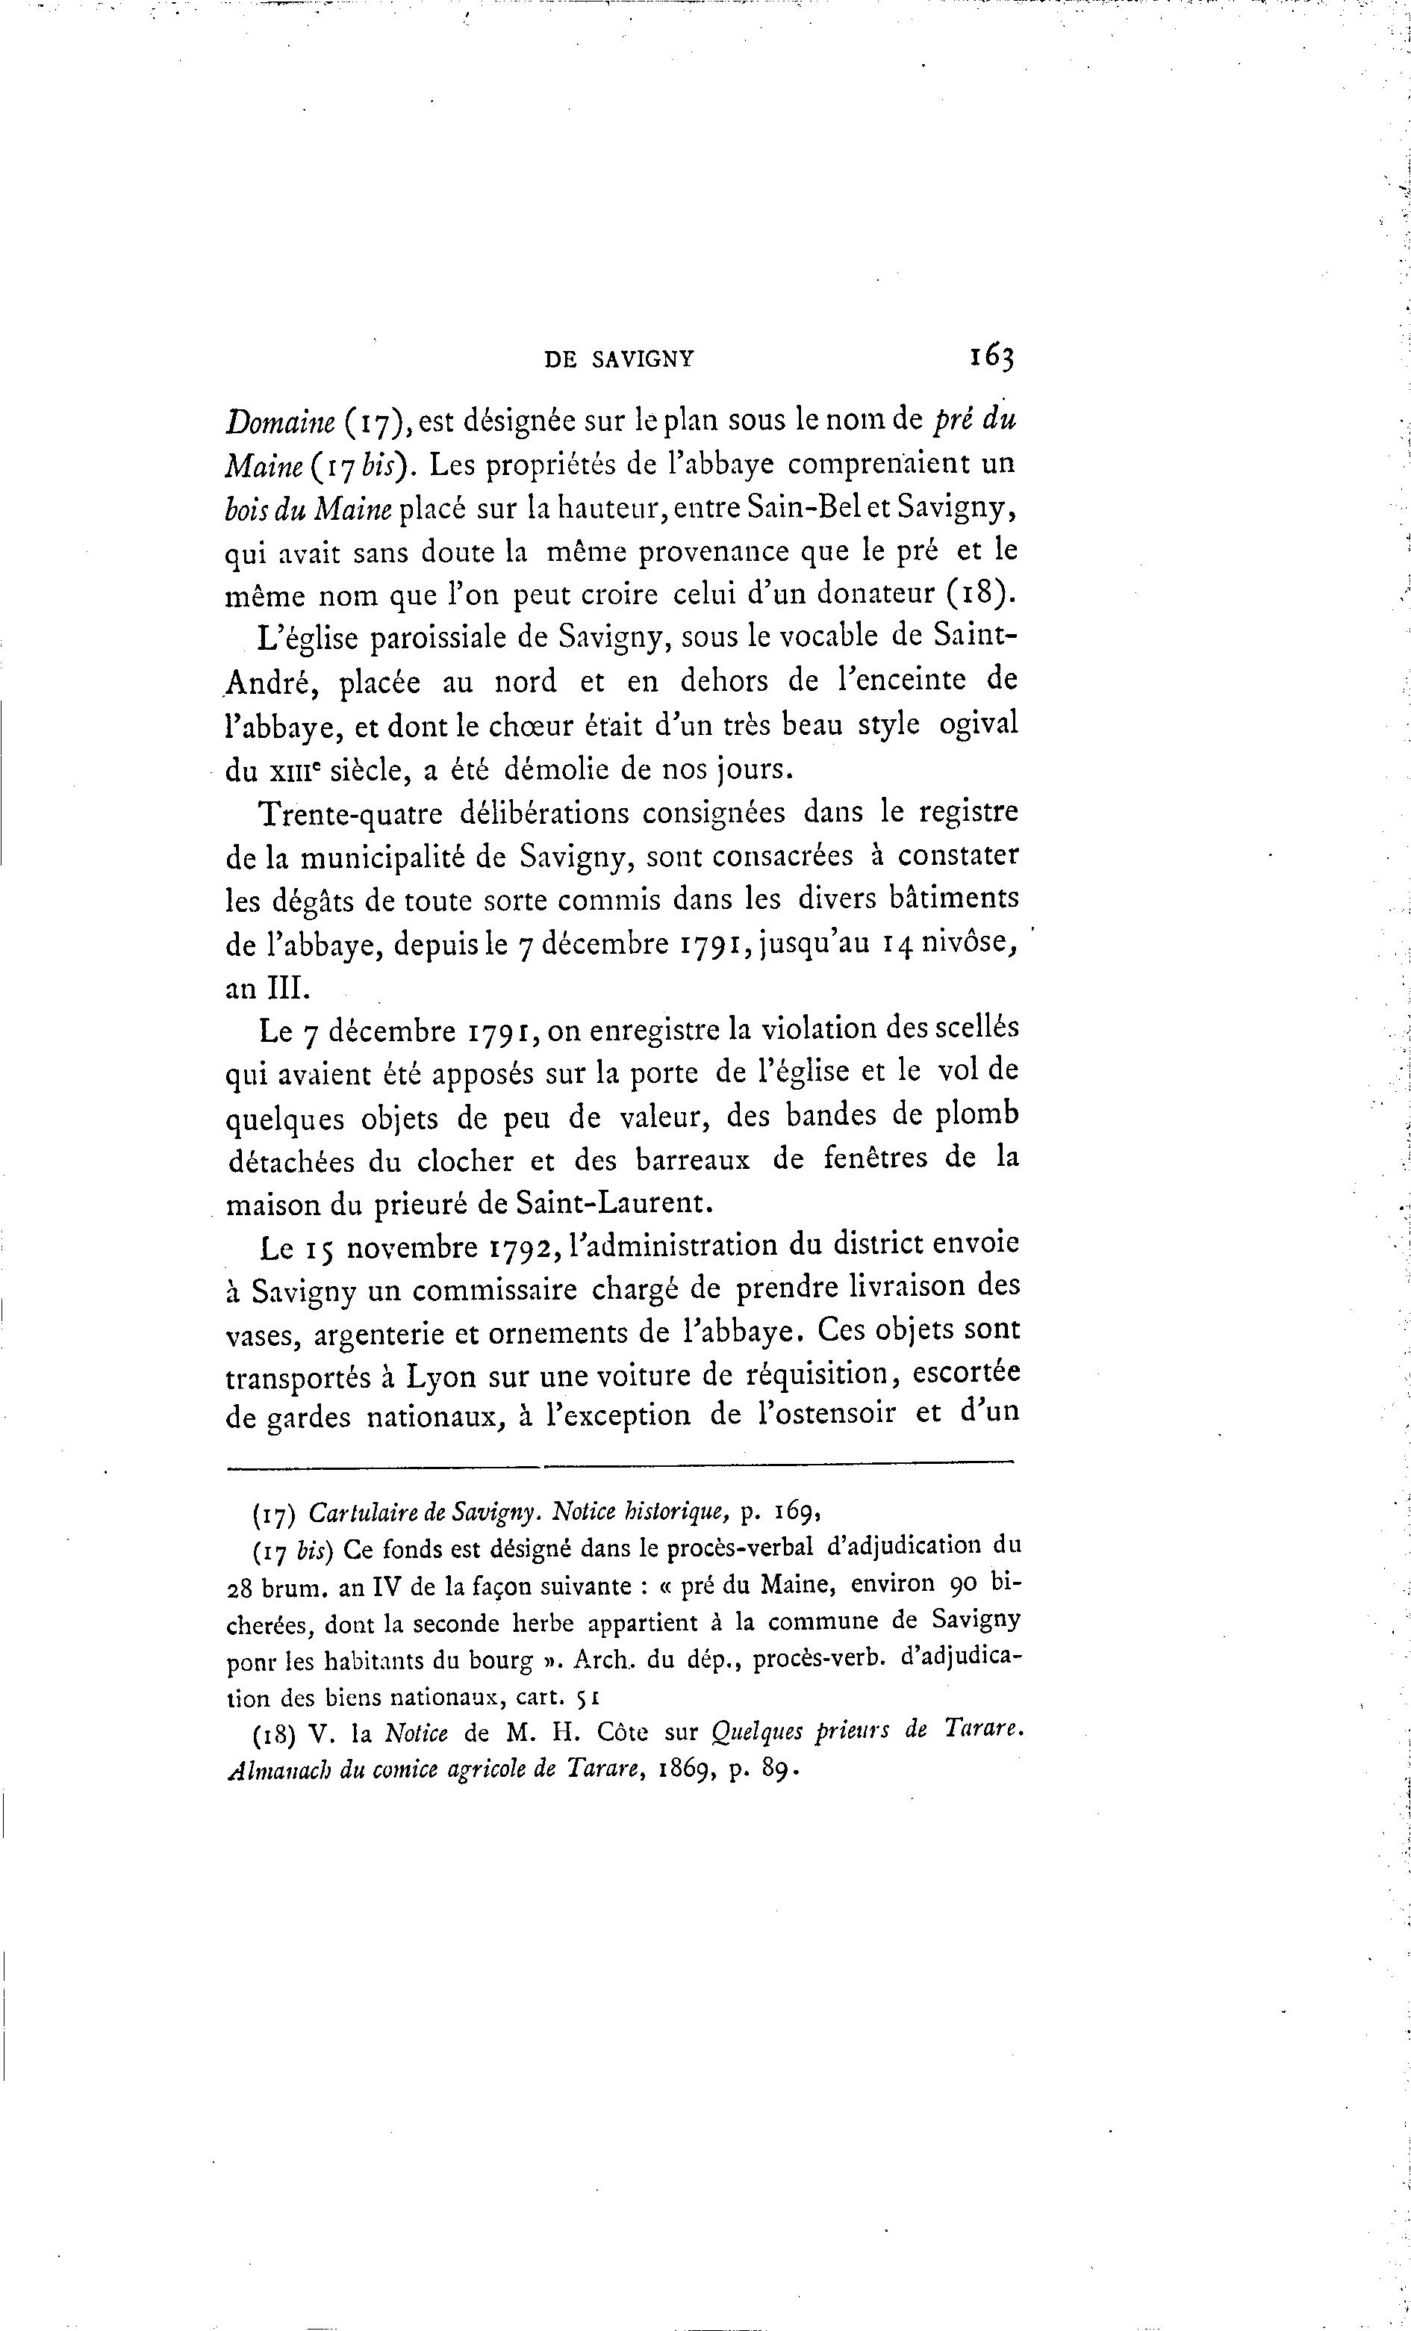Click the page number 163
coord(990,357)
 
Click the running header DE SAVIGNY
coord(620,359)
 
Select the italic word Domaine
coord(273,419)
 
